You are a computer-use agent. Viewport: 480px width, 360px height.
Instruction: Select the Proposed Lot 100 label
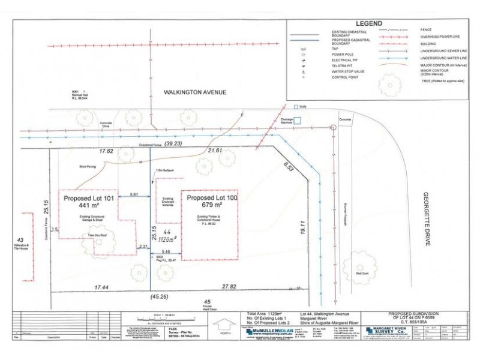pyautogui.click(x=213, y=197)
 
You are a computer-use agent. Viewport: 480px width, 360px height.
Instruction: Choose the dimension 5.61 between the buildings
pyautogui.click(x=134, y=195)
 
